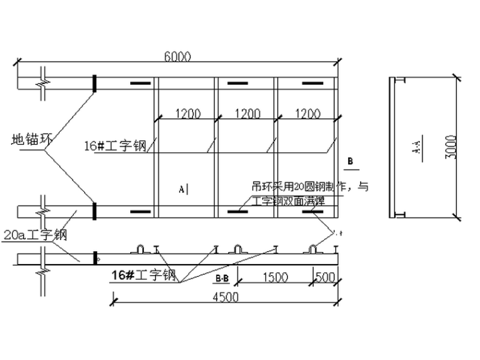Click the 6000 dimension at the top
pos(177,56)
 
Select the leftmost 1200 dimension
pos(188,114)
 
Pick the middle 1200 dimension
pos(247,114)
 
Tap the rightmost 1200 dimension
pos(307,114)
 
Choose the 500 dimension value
pos(325,277)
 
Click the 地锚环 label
pos(30,140)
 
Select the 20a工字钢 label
pos(35,236)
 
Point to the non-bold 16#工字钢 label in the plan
pos(115,147)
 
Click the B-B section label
pos(222,278)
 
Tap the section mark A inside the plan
pos(183,188)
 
